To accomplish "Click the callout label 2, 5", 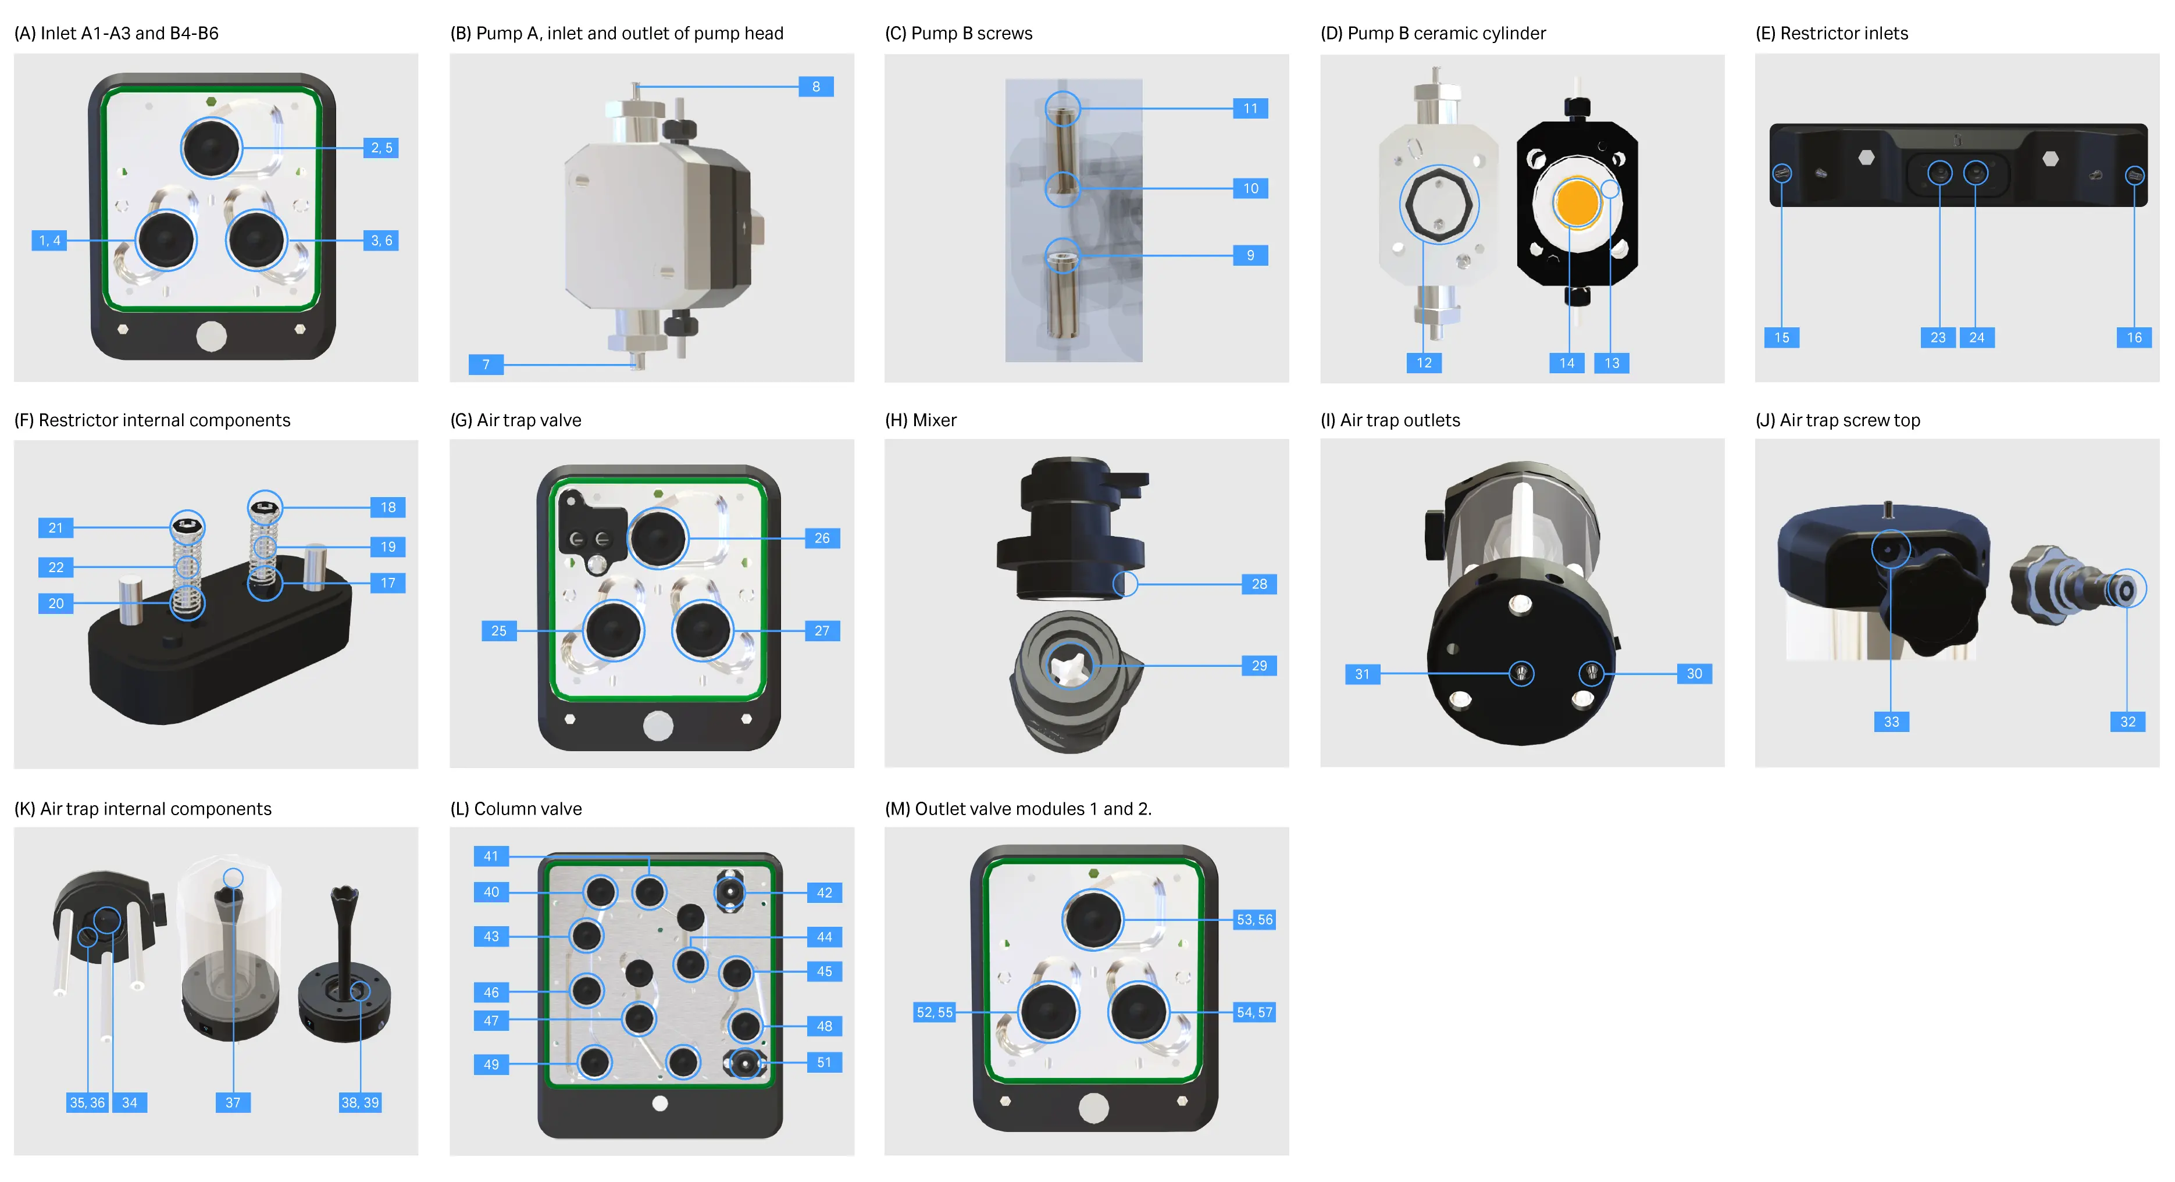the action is pos(381,148).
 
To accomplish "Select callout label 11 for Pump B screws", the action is pos(1250,108).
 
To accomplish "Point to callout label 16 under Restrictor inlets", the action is pos(2134,338).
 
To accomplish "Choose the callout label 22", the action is pos(56,567).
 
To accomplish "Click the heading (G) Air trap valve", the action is pos(516,420).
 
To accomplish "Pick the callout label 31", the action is pos(1362,674).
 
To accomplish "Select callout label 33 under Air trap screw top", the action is pos(1891,722).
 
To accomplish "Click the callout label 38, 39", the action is pos(359,1102).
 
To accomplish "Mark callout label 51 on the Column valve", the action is pos(824,1062).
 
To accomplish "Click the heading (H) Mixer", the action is pos(921,420).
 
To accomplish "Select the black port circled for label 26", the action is pos(658,538).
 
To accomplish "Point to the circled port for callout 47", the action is pos(639,1019).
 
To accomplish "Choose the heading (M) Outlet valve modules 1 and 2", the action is pos(1018,809).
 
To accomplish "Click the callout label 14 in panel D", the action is pos(1567,363).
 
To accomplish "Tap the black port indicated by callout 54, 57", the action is pos(1138,1012).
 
